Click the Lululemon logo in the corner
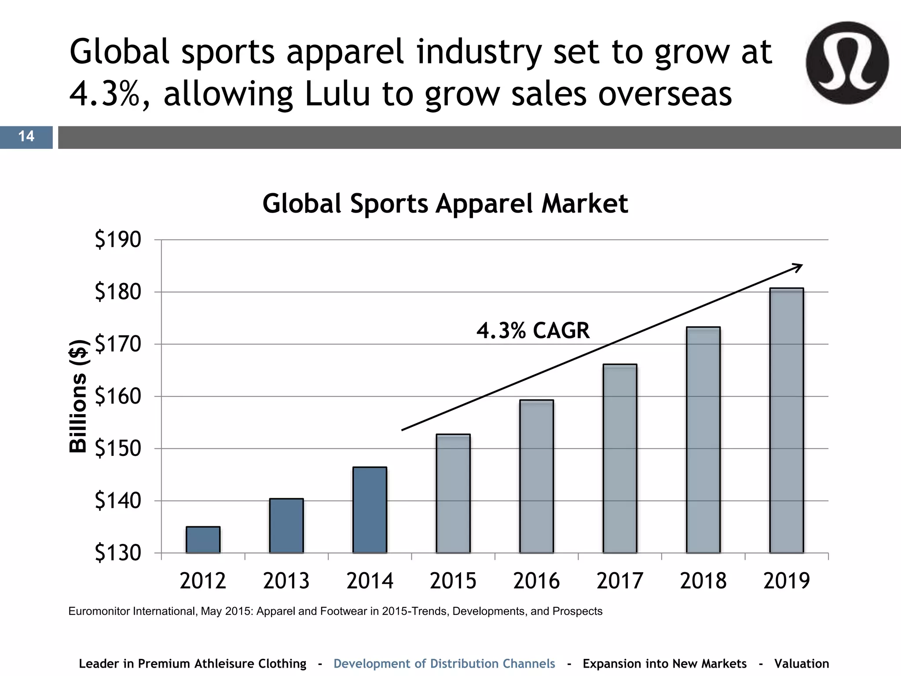(847, 62)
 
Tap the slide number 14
(26, 136)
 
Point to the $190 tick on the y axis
(118, 240)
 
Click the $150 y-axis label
(118, 448)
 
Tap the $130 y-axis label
(118, 553)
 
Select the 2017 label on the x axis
(619, 581)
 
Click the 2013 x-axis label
(286, 581)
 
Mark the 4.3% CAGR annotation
(533, 331)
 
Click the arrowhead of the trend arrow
(798, 267)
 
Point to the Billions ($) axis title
(78, 396)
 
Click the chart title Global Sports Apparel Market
(445, 204)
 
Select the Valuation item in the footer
(801, 664)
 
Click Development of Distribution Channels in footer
(444, 664)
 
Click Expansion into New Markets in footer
(664, 664)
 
